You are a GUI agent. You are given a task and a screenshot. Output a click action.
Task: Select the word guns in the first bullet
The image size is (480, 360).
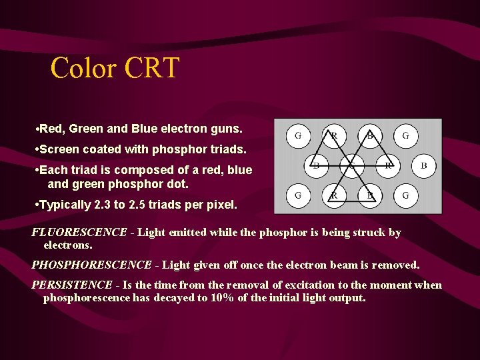227,127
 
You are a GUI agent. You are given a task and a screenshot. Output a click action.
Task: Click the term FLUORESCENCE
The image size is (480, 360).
79,233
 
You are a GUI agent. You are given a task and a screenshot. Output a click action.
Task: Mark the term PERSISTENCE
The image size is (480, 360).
72,285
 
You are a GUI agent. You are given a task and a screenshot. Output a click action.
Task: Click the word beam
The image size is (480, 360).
345,265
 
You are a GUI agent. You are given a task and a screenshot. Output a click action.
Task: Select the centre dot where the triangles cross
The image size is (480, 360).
351,165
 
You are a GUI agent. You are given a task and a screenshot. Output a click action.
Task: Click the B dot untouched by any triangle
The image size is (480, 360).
423,165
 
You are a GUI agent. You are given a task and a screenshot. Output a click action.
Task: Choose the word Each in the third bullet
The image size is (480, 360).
53,170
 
